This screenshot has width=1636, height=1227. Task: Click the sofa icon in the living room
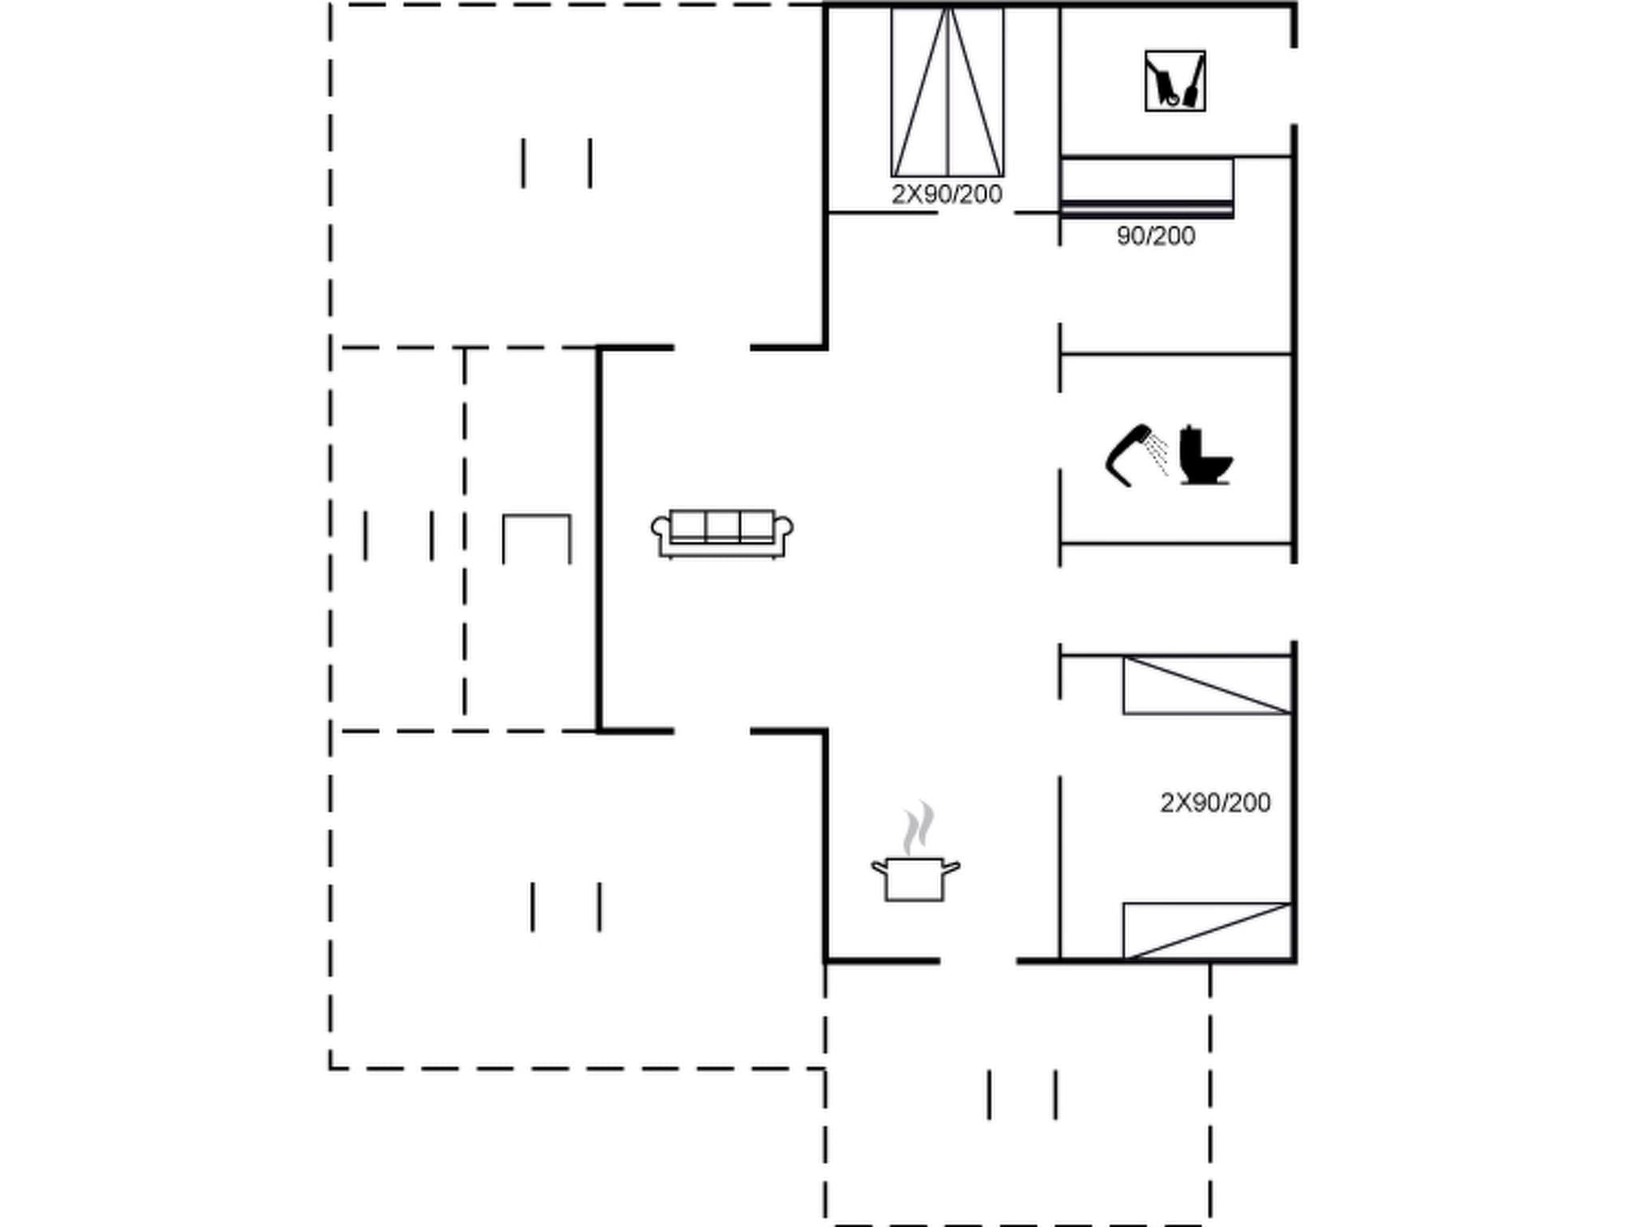(x=722, y=534)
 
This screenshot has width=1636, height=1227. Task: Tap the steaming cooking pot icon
(x=915, y=878)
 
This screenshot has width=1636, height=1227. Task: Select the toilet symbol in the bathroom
(x=1205, y=455)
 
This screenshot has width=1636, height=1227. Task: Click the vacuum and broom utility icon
(x=1174, y=81)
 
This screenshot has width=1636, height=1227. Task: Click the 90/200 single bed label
(x=1155, y=236)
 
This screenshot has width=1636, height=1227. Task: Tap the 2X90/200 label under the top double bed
(x=947, y=194)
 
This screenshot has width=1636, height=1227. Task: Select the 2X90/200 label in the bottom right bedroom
(x=1214, y=803)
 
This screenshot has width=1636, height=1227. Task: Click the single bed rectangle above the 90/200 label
(x=1146, y=187)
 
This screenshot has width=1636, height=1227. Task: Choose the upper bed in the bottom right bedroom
(x=1206, y=685)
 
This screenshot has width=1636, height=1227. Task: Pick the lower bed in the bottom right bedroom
(x=1206, y=931)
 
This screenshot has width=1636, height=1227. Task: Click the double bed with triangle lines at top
(x=947, y=92)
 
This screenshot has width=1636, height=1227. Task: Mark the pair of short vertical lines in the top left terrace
(x=557, y=163)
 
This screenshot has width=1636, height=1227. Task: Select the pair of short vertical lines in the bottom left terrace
(x=566, y=907)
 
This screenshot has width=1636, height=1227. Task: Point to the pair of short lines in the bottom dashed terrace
(x=1022, y=1094)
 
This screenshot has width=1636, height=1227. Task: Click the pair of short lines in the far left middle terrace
(x=399, y=535)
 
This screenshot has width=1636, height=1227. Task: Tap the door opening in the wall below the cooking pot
(x=978, y=961)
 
